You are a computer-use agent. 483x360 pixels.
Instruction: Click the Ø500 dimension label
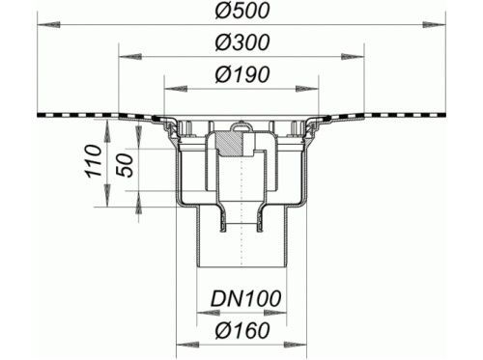tap(241, 11)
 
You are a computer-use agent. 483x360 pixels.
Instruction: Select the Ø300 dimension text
tap(241, 42)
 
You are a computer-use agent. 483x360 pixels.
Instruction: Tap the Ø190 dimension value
tap(241, 74)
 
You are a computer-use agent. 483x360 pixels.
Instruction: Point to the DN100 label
tap(245, 298)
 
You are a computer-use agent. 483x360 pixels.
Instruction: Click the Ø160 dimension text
tap(241, 330)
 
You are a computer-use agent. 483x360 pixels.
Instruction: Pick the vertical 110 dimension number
tap(94, 161)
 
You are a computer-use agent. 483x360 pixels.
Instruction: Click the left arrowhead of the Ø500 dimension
tap(48, 25)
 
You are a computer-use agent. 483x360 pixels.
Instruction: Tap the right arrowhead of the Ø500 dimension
tap(435, 25)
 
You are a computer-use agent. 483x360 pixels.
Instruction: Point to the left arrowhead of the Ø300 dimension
tap(130, 57)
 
